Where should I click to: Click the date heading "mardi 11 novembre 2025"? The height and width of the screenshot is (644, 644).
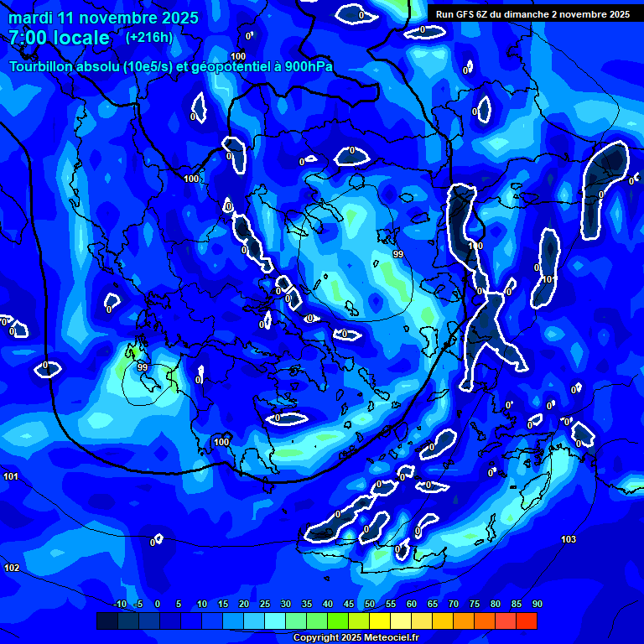(x=103, y=18)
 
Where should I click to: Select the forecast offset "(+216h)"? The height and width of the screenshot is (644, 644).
(x=149, y=38)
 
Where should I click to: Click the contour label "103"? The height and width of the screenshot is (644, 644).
(x=569, y=539)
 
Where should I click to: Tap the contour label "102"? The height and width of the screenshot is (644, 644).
(x=12, y=568)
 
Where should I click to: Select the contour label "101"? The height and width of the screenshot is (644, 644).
(x=11, y=476)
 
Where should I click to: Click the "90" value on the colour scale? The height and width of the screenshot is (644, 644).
(x=537, y=604)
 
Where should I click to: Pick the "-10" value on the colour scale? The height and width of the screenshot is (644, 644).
(x=120, y=604)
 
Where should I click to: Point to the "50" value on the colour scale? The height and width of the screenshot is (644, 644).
(x=370, y=604)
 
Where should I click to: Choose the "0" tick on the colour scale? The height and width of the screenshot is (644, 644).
(x=157, y=604)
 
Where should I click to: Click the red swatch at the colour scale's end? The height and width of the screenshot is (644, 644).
(x=527, y=621)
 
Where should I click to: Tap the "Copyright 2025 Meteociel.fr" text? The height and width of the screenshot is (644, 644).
(x=356, y=637)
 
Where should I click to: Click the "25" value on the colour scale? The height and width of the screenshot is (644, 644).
(x=265, y=604)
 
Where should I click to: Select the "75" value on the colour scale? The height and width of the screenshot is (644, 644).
(x=474, y=604)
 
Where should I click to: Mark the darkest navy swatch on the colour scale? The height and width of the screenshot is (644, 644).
(x=107, y=621)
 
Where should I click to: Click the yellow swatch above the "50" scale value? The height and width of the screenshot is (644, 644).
(x=380, y=621)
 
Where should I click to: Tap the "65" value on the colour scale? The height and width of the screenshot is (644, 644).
(x=432, y=604)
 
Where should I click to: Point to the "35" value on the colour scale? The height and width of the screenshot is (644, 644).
(x=307, y=604)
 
